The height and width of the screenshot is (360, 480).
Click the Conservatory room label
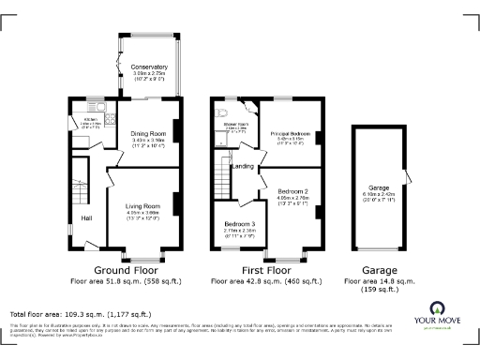[150, 67]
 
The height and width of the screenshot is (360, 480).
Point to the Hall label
[86, 218]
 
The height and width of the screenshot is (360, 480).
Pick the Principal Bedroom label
[291, 134]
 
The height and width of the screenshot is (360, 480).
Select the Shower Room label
[233, 123]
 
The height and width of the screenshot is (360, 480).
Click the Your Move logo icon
[437, 308]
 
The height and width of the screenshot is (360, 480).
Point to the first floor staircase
[223, 174]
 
